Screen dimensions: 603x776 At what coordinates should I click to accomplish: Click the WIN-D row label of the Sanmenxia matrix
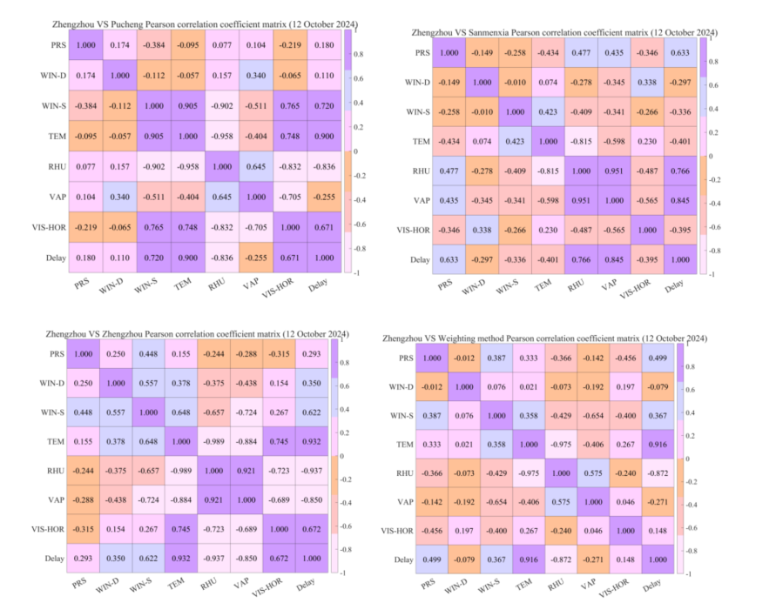pyautogui.click(x=417, y=83)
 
